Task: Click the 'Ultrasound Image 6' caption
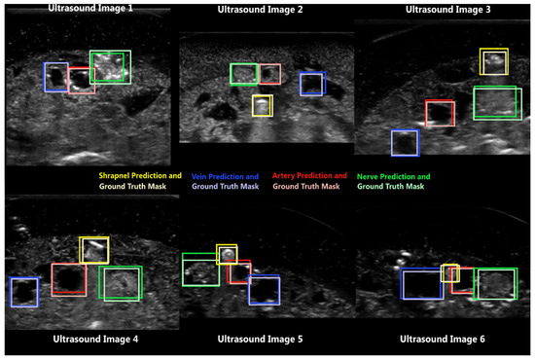tap(444, 340)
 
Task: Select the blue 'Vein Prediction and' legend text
tap(225, 176)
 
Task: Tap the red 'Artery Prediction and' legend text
tap(307, 176)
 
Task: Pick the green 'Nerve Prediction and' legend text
tap(394, 176)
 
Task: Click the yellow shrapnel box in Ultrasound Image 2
tap(262, 105)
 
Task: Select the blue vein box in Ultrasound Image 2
tap(311, 85)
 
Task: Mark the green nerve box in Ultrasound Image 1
tap(110, 67)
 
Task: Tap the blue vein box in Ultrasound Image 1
tap(55, 77)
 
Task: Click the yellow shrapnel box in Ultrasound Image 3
tap(494, 61)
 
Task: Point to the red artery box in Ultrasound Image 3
tap(440, 113)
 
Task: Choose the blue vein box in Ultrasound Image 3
tap(405, 142)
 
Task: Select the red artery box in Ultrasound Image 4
tap(69, 279)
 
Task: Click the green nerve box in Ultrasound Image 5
tap(200, 270)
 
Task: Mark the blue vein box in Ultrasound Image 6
tap(422, 284)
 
